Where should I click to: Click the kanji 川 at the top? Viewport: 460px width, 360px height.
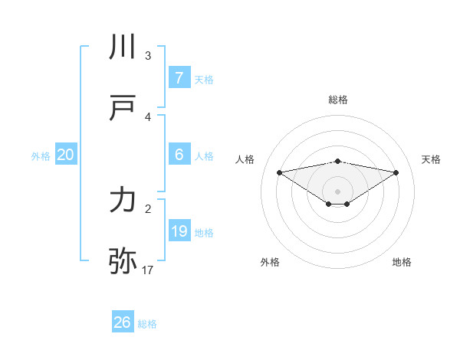[x=123, y=47]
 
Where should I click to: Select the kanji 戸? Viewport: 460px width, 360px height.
[x=123, y=109]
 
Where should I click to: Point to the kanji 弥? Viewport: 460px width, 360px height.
[x=123, y=261]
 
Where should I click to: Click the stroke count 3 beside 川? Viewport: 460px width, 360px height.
[x=148, y=56]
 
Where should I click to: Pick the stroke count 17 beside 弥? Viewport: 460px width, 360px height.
[x=148, y=270]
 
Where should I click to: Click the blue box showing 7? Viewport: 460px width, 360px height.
[x=179, y=78]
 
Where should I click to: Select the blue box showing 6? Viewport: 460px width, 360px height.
[x=179, y=155]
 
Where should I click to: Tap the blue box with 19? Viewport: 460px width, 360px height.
[x=179, y=231]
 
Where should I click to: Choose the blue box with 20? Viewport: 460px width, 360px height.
[x=66, y=155]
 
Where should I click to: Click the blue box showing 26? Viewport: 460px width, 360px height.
[x=122, y=322]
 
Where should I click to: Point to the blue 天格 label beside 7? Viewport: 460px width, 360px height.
[x=204, y=80]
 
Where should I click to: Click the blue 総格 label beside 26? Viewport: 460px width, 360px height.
[x=147, y=324]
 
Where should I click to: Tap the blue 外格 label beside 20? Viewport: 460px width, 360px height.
[x=41, y=156]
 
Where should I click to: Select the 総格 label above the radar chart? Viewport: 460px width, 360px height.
[x=338, y=100]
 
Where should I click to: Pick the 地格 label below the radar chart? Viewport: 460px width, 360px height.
[x=402, y=262]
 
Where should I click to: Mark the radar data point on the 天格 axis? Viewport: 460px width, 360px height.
[x=396, y=172]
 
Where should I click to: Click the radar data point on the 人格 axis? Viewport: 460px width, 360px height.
[x=279, y=172]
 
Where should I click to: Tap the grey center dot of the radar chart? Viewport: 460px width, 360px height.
[x=338, y=191]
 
